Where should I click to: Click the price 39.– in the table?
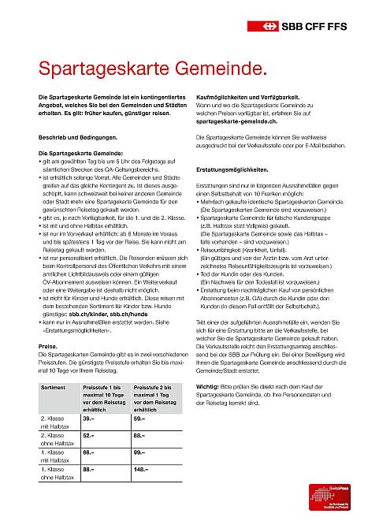coord(88,419)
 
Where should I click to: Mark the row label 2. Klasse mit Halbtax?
coord(56,422)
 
